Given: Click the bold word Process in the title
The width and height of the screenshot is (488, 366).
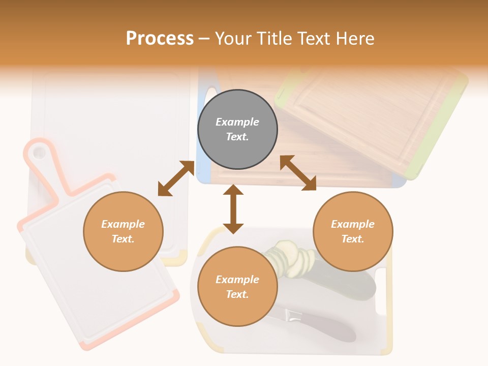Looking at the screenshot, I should pyautogui.click(x=160, y=38).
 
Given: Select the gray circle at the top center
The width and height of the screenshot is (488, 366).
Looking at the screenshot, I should pyautogui.click(x=237, y=129).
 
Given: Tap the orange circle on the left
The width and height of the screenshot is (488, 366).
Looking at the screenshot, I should pyautogui.click(x=123, y=231).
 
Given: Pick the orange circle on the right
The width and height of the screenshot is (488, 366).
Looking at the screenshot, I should pyautogui.click(x=353, y=231).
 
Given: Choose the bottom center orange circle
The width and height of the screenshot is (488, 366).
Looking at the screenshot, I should pyautogui.click(x=237, y=287).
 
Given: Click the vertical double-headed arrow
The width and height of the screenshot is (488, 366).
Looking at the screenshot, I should pyautogui.click(x=233, y=209).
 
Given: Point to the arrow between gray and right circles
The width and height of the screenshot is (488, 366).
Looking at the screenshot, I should pyautogui.click(x=298, y=173).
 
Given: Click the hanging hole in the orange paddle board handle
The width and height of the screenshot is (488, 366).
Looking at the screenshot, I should pyautogui.click(x=39, y=151).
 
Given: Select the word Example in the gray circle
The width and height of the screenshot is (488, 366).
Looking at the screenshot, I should pyautogui.click(x=237, y=122).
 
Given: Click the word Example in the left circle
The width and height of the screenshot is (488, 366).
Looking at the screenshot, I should pyautogui.click(x=123, y=224).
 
